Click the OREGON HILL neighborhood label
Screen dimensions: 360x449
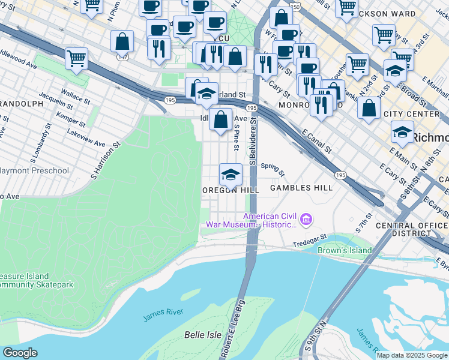pos(231,190)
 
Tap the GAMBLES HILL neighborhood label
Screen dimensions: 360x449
pos(301,188)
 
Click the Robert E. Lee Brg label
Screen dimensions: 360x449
pos(234,329)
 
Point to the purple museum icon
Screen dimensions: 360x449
pos(307,220)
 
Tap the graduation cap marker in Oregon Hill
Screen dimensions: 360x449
pos(231,175)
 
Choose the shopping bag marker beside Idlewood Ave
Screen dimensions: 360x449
pos(221,119)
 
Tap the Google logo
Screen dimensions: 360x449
pos(20,353)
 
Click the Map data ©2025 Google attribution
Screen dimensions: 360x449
pos(412,355)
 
